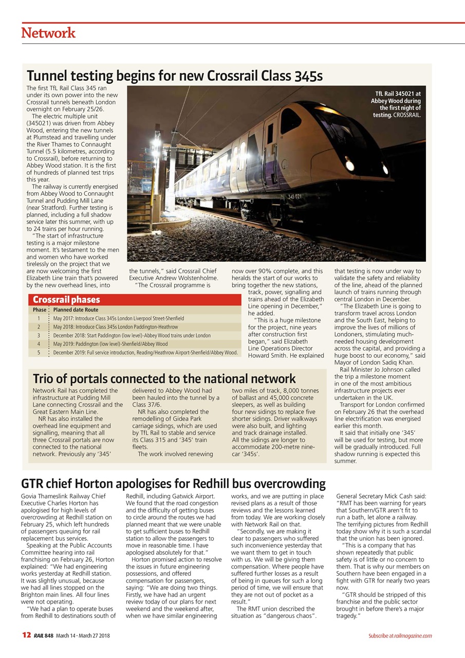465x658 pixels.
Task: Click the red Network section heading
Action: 48,33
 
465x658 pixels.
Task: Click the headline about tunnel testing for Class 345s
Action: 175,76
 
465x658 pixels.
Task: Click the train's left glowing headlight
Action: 349,166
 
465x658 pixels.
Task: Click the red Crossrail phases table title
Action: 66,300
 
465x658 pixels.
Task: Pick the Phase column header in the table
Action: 39,310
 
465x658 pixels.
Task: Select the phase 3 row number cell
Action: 39,335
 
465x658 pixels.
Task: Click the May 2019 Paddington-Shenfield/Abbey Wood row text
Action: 110,344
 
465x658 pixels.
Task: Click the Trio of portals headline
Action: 164,379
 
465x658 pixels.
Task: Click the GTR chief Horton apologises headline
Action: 173,484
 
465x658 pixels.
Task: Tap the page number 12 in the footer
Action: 26,635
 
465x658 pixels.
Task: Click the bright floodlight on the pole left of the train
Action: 155,145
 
